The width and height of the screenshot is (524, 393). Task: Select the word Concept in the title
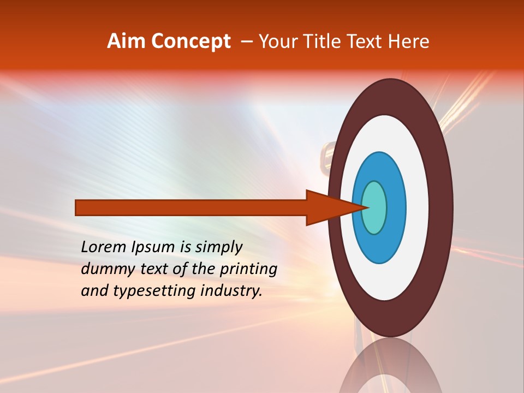[x=191, y=42]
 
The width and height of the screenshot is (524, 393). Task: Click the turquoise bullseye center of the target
[x=375, y=207]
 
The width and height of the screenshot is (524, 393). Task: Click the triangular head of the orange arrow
[x=327, y=207]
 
